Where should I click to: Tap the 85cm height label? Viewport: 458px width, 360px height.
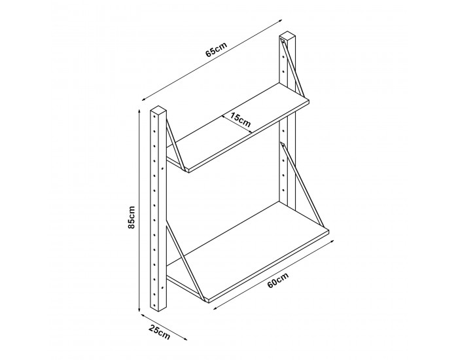coord(132,216)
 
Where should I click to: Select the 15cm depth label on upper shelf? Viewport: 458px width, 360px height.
coord(239,120)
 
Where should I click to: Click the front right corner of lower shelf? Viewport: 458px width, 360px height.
coord(328,230)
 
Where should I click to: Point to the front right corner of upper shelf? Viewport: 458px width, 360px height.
coord(309,103)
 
